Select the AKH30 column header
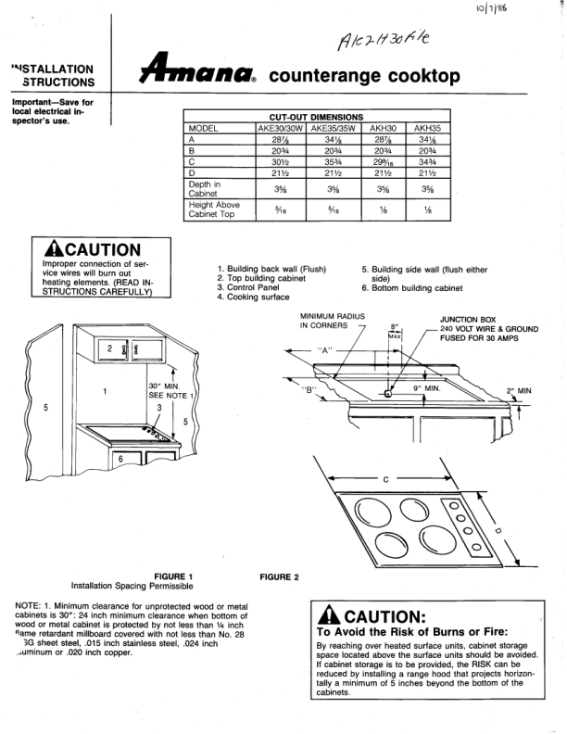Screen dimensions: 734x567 click(x=383, y=128)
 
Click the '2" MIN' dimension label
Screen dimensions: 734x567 click(x=519, y=390)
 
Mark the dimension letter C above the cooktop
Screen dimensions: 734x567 click(x=384, y=478)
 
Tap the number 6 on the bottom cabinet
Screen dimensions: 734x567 click(x=120, y=460)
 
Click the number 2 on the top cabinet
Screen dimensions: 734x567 click(x=111, y=347)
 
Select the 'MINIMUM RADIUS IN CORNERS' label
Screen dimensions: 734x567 click(x=328, y=321)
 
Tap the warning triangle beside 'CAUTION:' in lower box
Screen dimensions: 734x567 click(x=325, y=617)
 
